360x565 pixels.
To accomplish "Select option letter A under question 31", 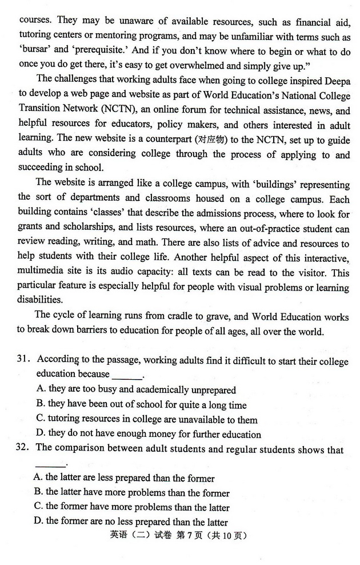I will coord(41,389).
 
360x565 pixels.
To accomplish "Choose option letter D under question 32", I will coord(38,522).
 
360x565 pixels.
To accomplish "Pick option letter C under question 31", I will coord(41,420).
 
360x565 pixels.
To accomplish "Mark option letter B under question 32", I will coord(38,492).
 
